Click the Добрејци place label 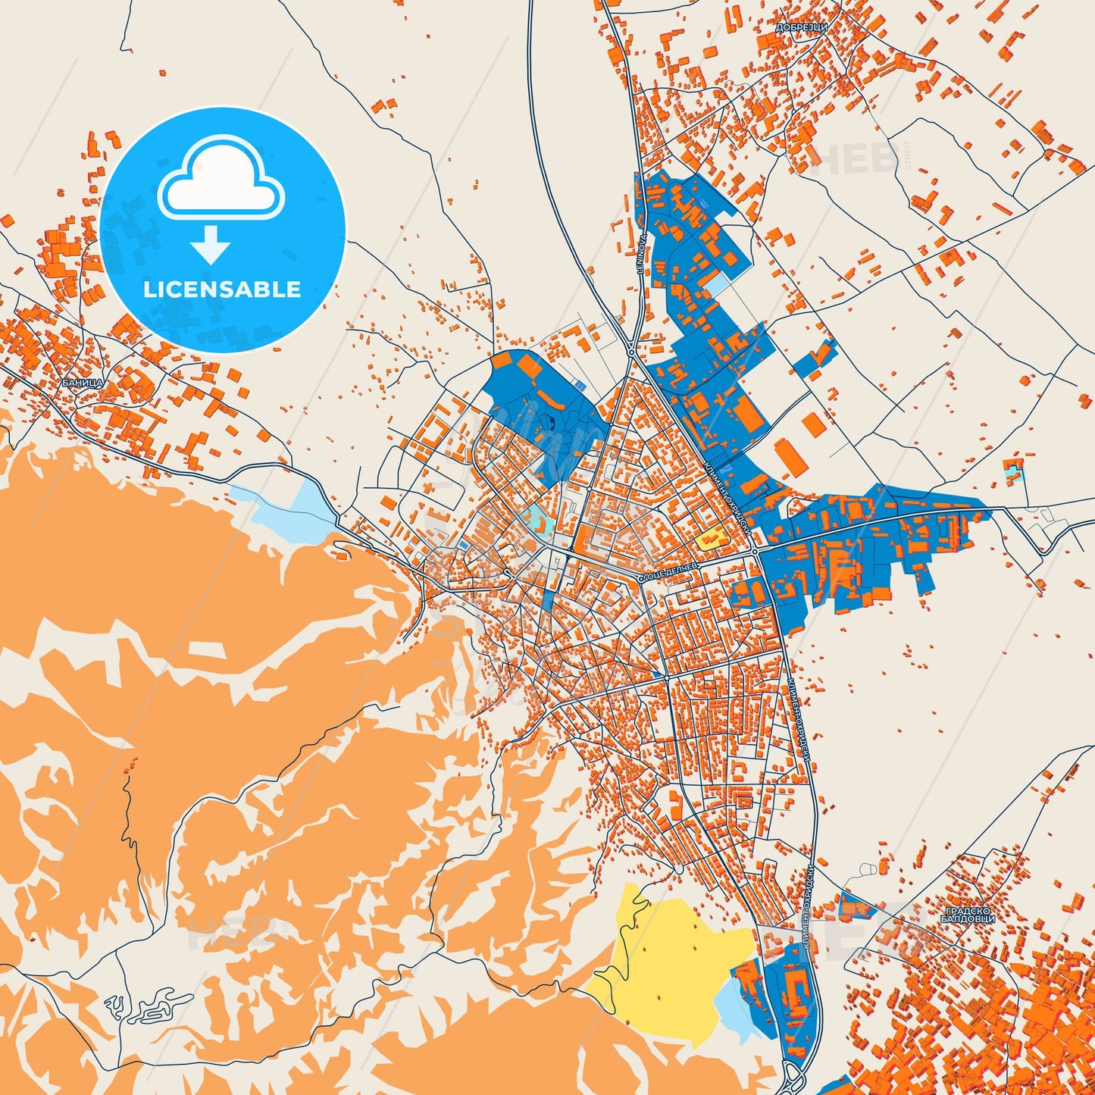click(802, 27)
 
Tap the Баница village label click(83, 383)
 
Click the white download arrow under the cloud click(211, 245)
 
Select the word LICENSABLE click(222, 289)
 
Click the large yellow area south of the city click(674, 955)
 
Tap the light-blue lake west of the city click(284, 512)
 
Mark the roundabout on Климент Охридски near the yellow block click(756, 552)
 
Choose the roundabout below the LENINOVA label click(631, 352)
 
